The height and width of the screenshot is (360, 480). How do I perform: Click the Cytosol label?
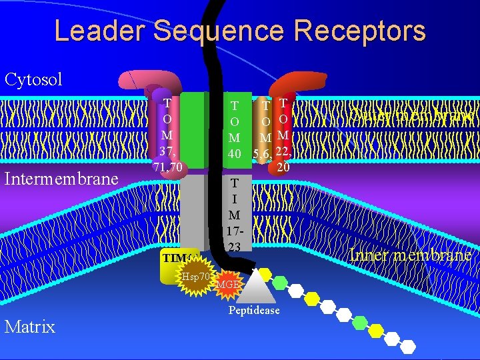[x=33, y=79]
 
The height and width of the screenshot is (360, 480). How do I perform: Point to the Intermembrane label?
[x=61, y=179]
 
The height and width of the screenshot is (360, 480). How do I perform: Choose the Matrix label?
[x=29, y=326]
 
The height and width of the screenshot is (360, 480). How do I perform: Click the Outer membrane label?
[x=413, y=116]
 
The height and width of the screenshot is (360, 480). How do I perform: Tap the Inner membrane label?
[x=411, y=255]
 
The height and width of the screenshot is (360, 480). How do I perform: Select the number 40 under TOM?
[x=234, y=154]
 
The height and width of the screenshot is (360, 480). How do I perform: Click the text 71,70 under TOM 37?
[x=167, y=166]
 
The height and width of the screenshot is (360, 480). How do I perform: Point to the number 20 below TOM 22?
[x=283, y=169]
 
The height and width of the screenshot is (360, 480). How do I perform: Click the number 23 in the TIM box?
[x=234, y=246]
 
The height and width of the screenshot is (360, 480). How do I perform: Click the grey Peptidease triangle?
[x=254, y=291]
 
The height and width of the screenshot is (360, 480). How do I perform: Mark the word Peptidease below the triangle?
[x=254, y=311]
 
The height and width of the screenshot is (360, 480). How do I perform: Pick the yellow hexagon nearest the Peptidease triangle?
[x=266, y=273]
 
